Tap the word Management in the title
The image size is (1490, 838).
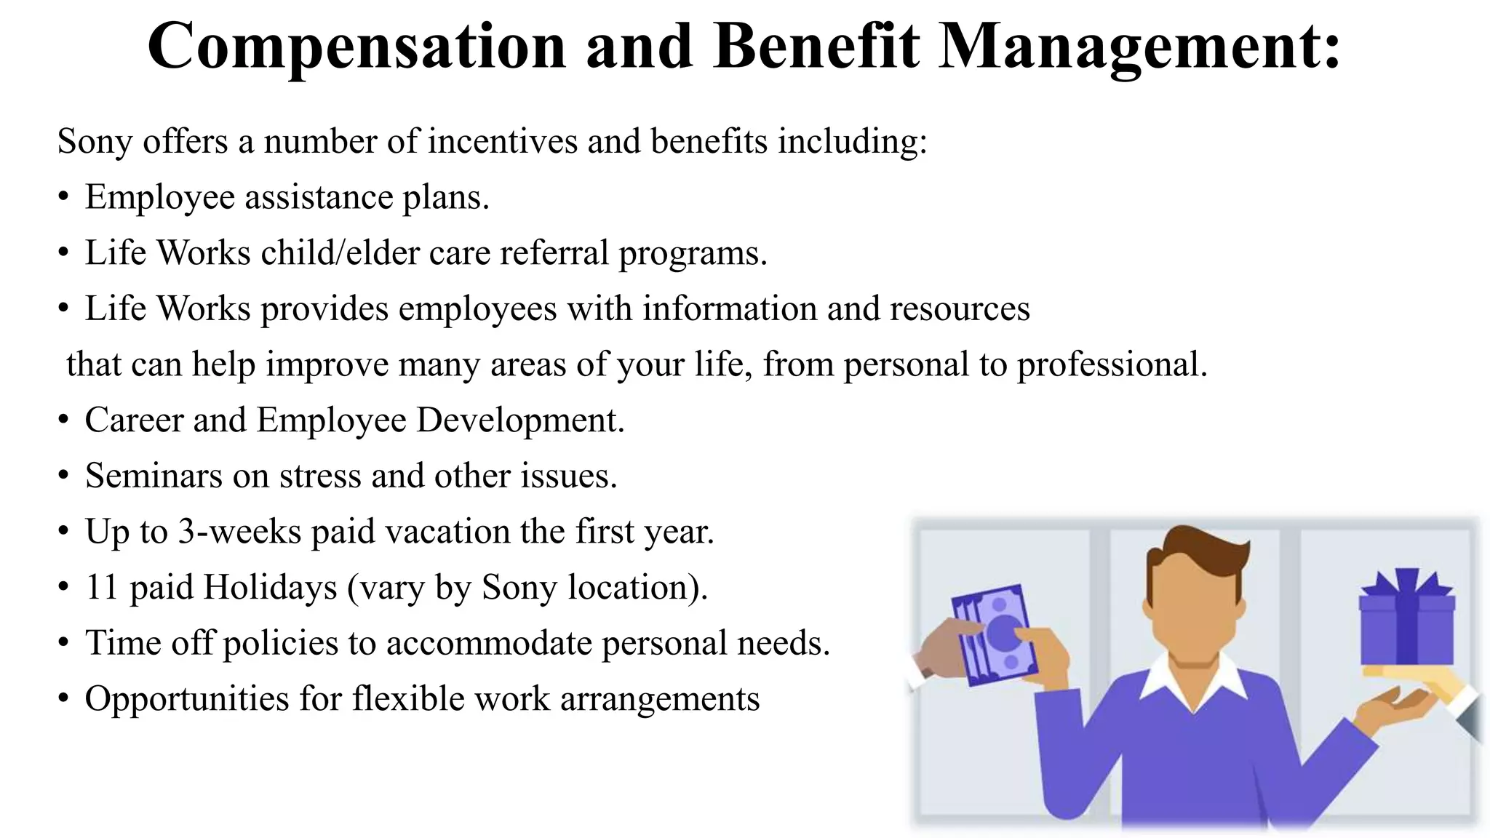point(1139,47)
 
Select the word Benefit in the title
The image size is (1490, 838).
point(816,47)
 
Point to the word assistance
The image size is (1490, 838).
point(319,197)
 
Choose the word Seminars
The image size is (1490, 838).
point(154,476)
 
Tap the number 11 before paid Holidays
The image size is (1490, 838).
point(102,587)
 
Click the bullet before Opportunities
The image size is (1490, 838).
point(64,699)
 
